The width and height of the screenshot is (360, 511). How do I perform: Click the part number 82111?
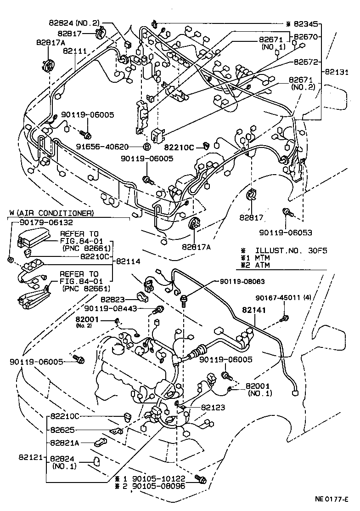point(75,52)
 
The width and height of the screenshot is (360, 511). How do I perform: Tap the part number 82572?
point(303,61)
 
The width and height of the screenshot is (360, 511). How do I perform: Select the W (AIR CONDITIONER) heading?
point(51,213)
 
